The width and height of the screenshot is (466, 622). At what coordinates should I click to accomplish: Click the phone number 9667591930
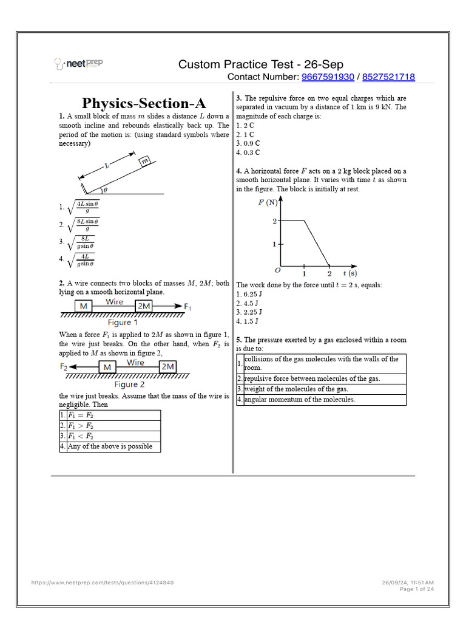click(328, 77)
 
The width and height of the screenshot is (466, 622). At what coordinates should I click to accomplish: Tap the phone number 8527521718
click(388, 77)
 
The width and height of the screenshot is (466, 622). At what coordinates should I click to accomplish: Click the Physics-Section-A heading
click(140, 103)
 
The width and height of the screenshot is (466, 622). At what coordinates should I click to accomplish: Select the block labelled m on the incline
click(145, 161)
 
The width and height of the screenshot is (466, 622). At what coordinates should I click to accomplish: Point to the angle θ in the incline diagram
click(105, 189)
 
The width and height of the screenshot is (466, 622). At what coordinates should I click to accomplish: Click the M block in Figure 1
click(83, 307)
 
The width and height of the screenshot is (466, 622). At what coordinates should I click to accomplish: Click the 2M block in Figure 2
click(168, 367)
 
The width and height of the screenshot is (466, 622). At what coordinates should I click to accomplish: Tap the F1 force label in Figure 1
click(188, 307)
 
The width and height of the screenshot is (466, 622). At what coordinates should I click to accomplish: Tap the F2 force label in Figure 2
click(64, 367)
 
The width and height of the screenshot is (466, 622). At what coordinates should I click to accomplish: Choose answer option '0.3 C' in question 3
click(248, 152)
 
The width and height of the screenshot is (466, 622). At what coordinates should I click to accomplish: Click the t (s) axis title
click(349, 273)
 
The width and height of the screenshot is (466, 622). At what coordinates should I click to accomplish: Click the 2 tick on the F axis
click(274, 221)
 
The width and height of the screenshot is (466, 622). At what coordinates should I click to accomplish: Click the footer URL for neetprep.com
click(103, 583)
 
